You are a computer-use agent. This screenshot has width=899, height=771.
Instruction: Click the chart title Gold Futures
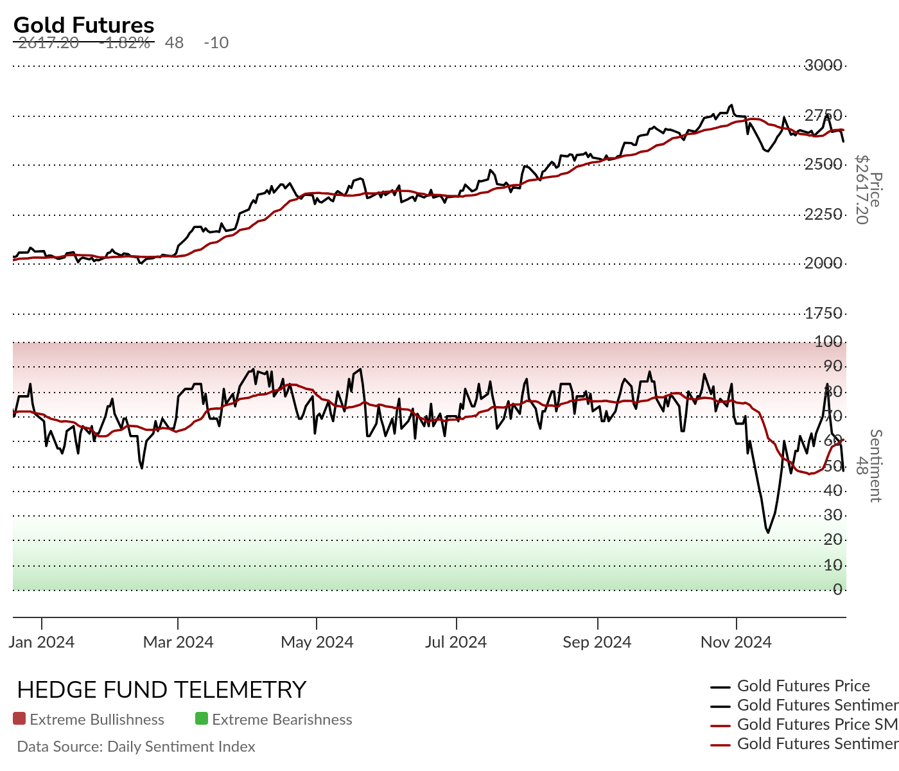click(x=83, y=25)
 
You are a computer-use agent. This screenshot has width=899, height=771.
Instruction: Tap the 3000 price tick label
click(x=823, y=65)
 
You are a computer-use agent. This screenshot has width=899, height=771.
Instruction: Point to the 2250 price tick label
click(x=823, y=214)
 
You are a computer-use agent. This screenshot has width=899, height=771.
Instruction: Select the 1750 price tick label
click(x=823, y=314)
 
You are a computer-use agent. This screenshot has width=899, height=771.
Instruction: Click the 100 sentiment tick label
click(x=828, y=341)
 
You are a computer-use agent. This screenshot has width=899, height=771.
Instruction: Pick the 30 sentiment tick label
click(x=833, y=515)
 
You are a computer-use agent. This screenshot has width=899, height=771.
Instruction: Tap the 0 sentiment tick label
click(x=837, y=589)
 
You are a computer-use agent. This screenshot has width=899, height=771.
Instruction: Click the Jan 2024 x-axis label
click(x=42, y=642)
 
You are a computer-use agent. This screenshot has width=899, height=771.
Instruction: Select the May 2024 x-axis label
click(x=317, y=642)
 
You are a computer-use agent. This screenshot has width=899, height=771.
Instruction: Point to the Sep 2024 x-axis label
click(x=597, y=642)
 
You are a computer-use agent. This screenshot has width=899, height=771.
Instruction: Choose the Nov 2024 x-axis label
click(x=736, y=642)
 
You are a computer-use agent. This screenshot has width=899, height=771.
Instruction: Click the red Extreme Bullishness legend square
click(x=19, y=719)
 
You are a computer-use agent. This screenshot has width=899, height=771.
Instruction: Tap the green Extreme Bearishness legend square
click(x=202, y=719)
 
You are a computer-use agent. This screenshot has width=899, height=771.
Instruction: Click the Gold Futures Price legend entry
click(x=803, y=686)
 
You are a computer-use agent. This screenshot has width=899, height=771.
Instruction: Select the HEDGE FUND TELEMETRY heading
click(x=162, y=690)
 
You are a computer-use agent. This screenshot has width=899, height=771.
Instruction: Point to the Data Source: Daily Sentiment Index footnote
click(x=136, y=747)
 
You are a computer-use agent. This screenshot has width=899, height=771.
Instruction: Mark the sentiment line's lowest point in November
click(x=767, y=532)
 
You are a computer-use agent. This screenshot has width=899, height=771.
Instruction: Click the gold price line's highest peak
click(x=731, y=105)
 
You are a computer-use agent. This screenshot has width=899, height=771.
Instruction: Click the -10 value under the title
click(x=216, y=43)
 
